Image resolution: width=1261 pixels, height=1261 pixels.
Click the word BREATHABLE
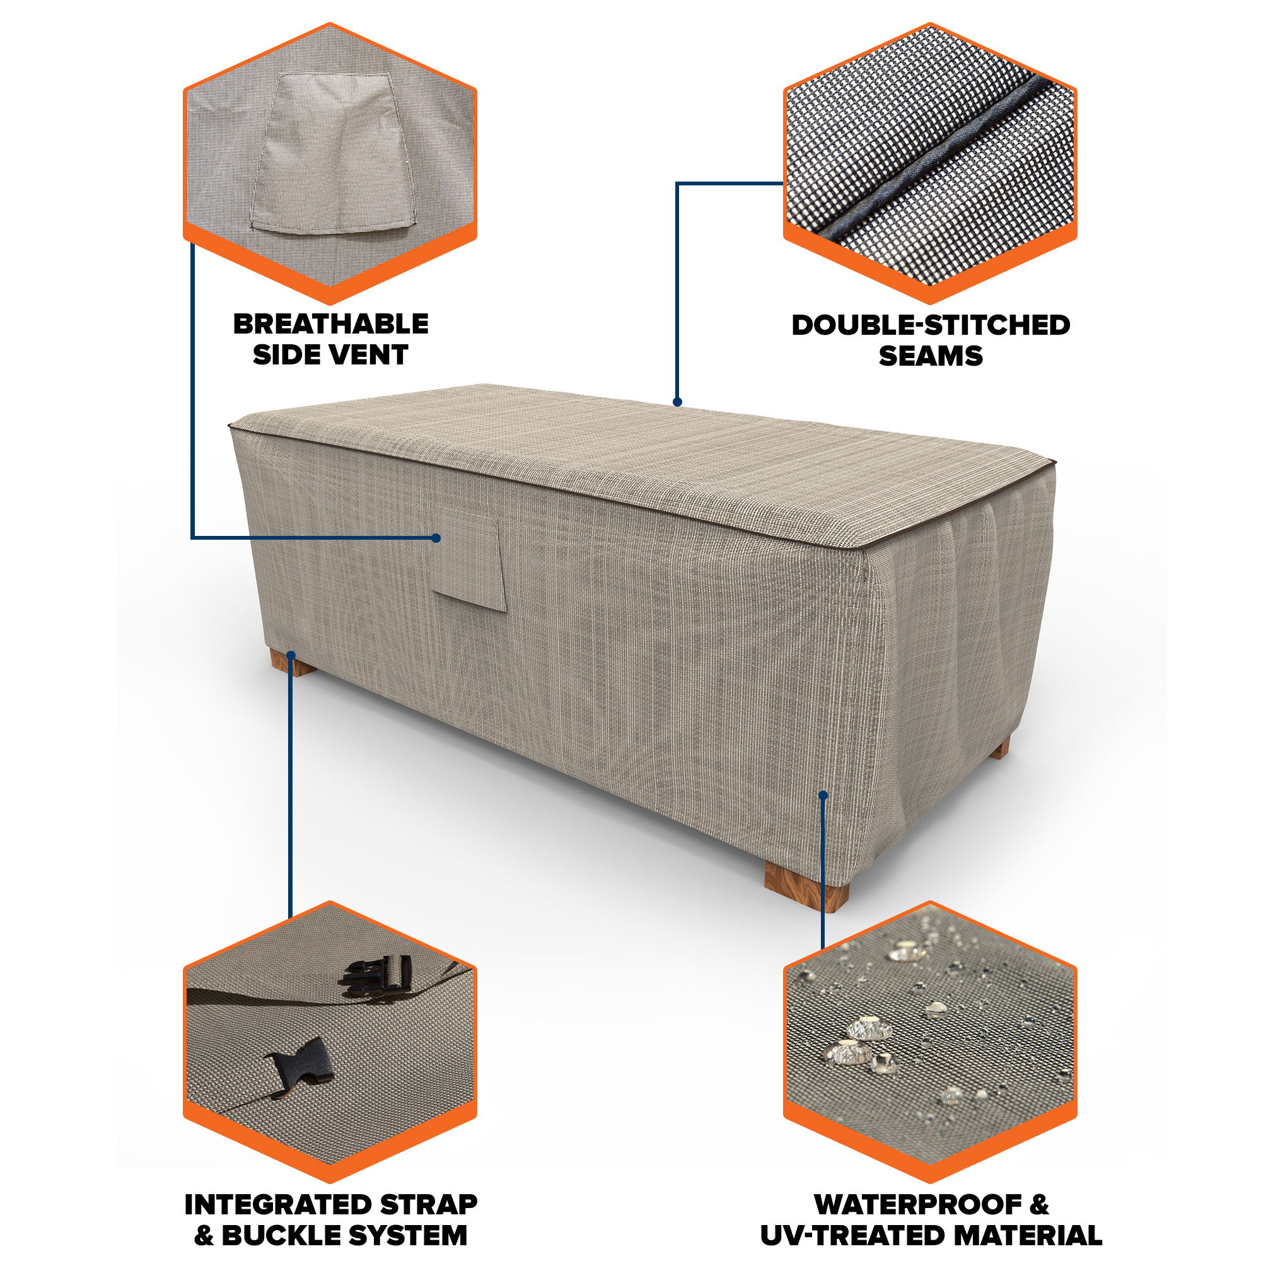(331, 324)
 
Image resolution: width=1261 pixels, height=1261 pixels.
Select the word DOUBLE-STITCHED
(931, 325)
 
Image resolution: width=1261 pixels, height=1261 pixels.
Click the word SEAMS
(931, 356)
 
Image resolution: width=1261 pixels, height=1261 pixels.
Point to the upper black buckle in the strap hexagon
(375, 976)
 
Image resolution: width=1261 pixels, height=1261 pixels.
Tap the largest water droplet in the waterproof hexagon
(869, 1030)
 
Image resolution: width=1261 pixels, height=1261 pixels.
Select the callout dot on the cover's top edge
(678, 402)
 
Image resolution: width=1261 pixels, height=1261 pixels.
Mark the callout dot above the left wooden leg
(291, 654)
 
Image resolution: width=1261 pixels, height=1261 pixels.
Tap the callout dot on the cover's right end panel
(823, 795)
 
